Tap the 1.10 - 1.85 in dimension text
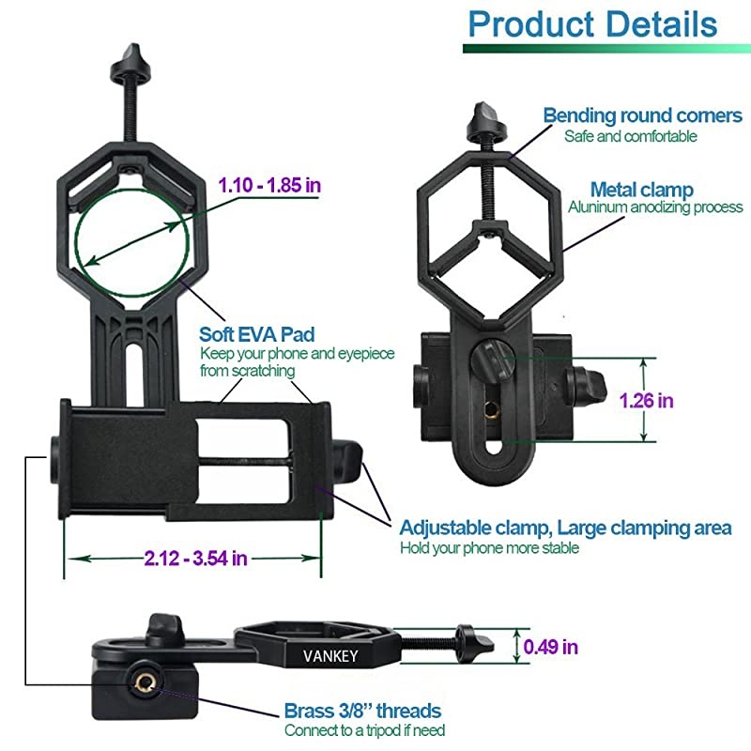269,185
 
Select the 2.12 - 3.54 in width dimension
196,559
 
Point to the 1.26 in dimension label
646,401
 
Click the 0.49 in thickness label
550,646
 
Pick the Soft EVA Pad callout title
256,335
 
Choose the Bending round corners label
642,115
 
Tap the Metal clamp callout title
641,190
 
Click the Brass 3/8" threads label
362,711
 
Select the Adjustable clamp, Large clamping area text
565,528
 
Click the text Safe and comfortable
630,136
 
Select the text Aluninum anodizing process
655,207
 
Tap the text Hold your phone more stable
489,548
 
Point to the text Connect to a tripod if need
364,730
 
